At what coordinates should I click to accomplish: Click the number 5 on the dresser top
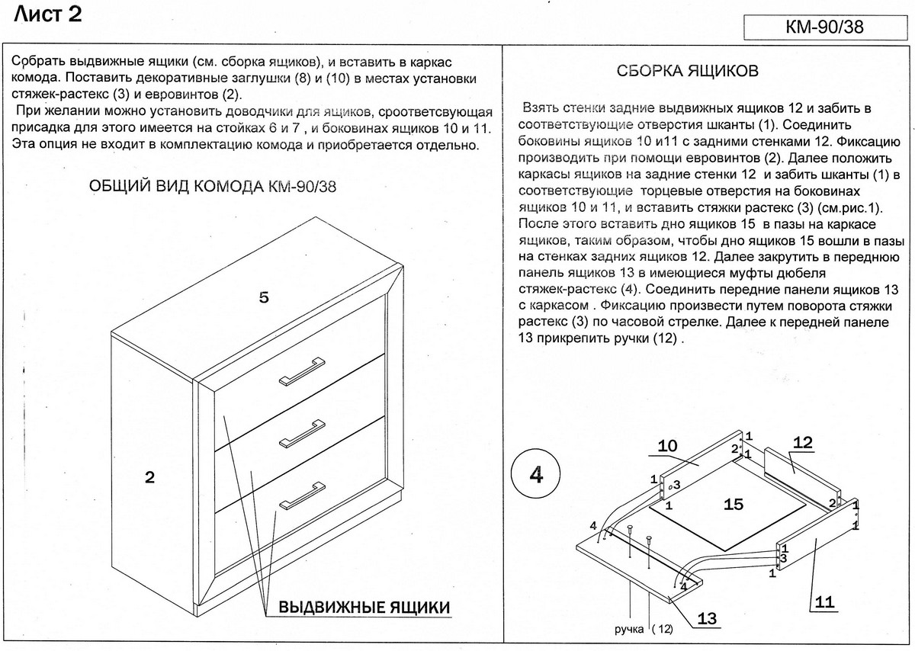tap(264, 298)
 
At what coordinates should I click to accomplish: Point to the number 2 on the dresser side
tap(149, 478)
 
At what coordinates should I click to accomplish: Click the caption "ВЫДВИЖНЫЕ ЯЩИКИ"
tap(364, 608)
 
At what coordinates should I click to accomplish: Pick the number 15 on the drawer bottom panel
tap(733, 505)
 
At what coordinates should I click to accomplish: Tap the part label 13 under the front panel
tap(707, 618)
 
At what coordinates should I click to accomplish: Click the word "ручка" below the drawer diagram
tap(630, 630)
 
